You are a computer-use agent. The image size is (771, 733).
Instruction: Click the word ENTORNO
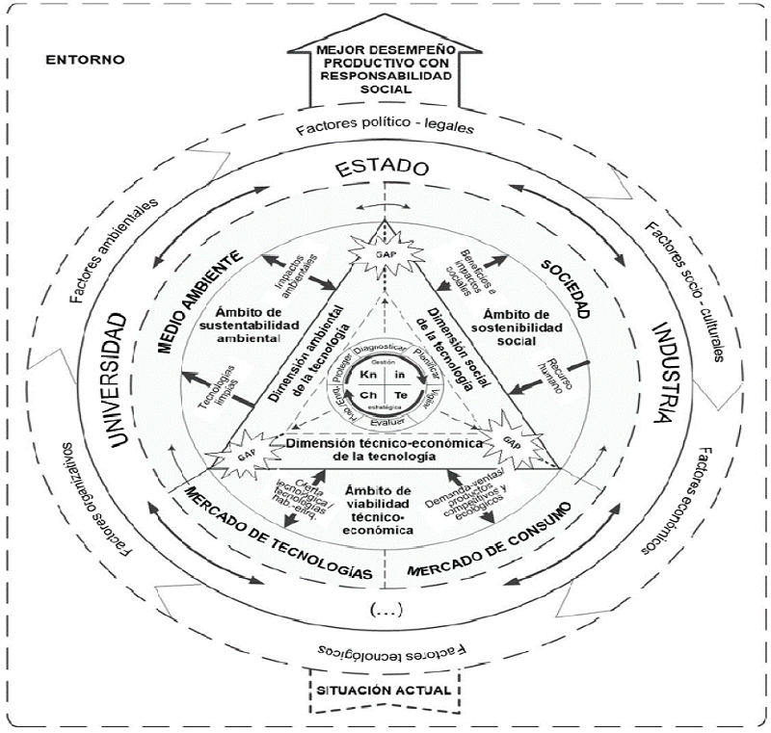tap(85, 60)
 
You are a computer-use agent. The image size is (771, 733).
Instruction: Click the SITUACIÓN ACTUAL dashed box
tap(385, 692)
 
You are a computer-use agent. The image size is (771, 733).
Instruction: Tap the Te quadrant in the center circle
tap(402, 395)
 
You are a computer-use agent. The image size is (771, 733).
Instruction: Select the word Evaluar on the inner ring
tap(385, 421)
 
